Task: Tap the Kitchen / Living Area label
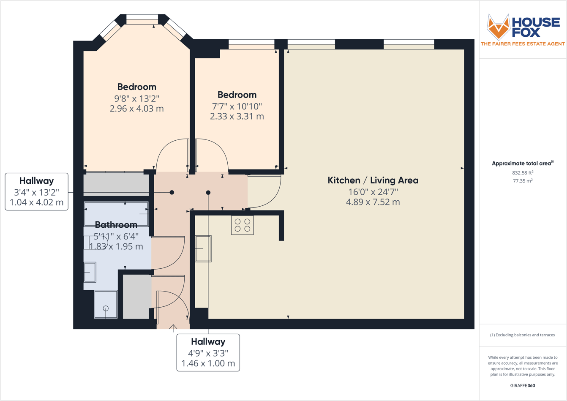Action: click(x=373, y=180)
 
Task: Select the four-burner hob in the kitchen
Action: click(x=243, y=225)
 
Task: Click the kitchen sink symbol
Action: click(x=203, y=248)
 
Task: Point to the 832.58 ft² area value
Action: click(x=522, y=173)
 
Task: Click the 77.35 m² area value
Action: click(x=522, y=181)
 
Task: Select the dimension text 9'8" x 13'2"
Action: click(x=136, y=98)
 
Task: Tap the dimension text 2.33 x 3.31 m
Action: click(x=237, y=116)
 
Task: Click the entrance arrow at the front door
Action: click(x=173, y=327)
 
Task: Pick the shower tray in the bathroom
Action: click(x=106, y=304)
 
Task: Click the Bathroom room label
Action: click(x=116, y=225)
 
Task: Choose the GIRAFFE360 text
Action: click(x=522, y=385)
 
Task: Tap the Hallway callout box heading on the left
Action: click(x=36, y=181)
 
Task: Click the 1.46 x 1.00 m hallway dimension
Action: click(x=208, y=363)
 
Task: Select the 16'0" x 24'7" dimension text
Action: click(x=373, y=192)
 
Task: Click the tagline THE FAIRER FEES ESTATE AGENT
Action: click(x=522, y=44)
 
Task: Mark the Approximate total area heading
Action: click(x=522, y=164)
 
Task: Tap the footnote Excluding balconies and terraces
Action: click(x=522, y=335)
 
